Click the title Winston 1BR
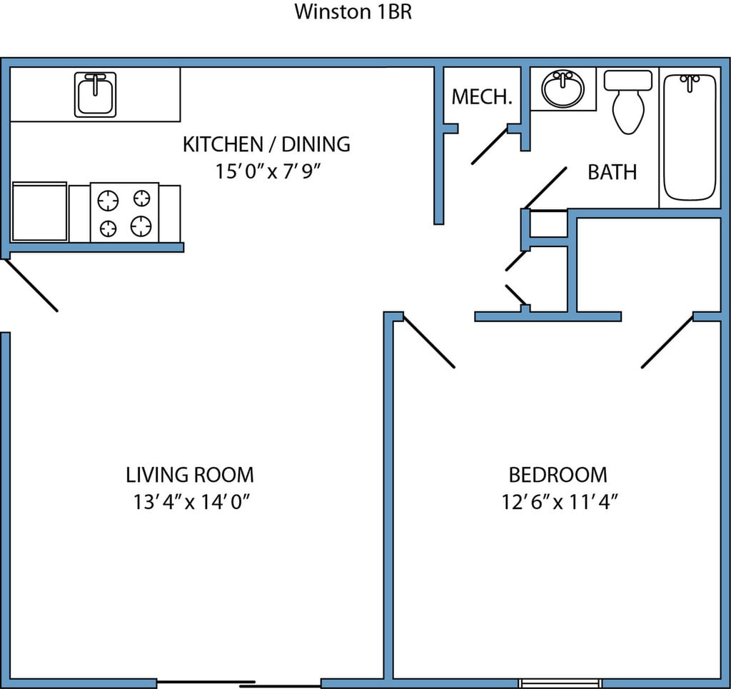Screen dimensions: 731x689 (353, 11)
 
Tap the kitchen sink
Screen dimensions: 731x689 (95, 95)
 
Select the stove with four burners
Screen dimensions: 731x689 (124, 213)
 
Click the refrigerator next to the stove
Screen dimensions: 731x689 (40, 211)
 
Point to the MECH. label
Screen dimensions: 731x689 (482, 96)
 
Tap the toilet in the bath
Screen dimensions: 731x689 (628, 101)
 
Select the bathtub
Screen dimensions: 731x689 (690, 138)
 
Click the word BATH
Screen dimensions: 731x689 (612, 172)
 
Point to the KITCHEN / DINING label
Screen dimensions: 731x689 (266, 144)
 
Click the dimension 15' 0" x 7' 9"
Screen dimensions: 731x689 (268, 171)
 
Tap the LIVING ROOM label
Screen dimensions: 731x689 (190, 475)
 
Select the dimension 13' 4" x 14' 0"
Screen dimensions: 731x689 (191, 502)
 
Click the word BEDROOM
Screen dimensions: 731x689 (558, 475)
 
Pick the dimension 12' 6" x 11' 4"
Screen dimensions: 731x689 (560, 502)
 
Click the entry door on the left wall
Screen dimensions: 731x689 (31, 285)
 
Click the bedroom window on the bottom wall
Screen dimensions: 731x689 (560, 683)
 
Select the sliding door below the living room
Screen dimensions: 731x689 (238, 683)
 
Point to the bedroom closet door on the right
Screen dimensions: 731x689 (667, 342)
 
